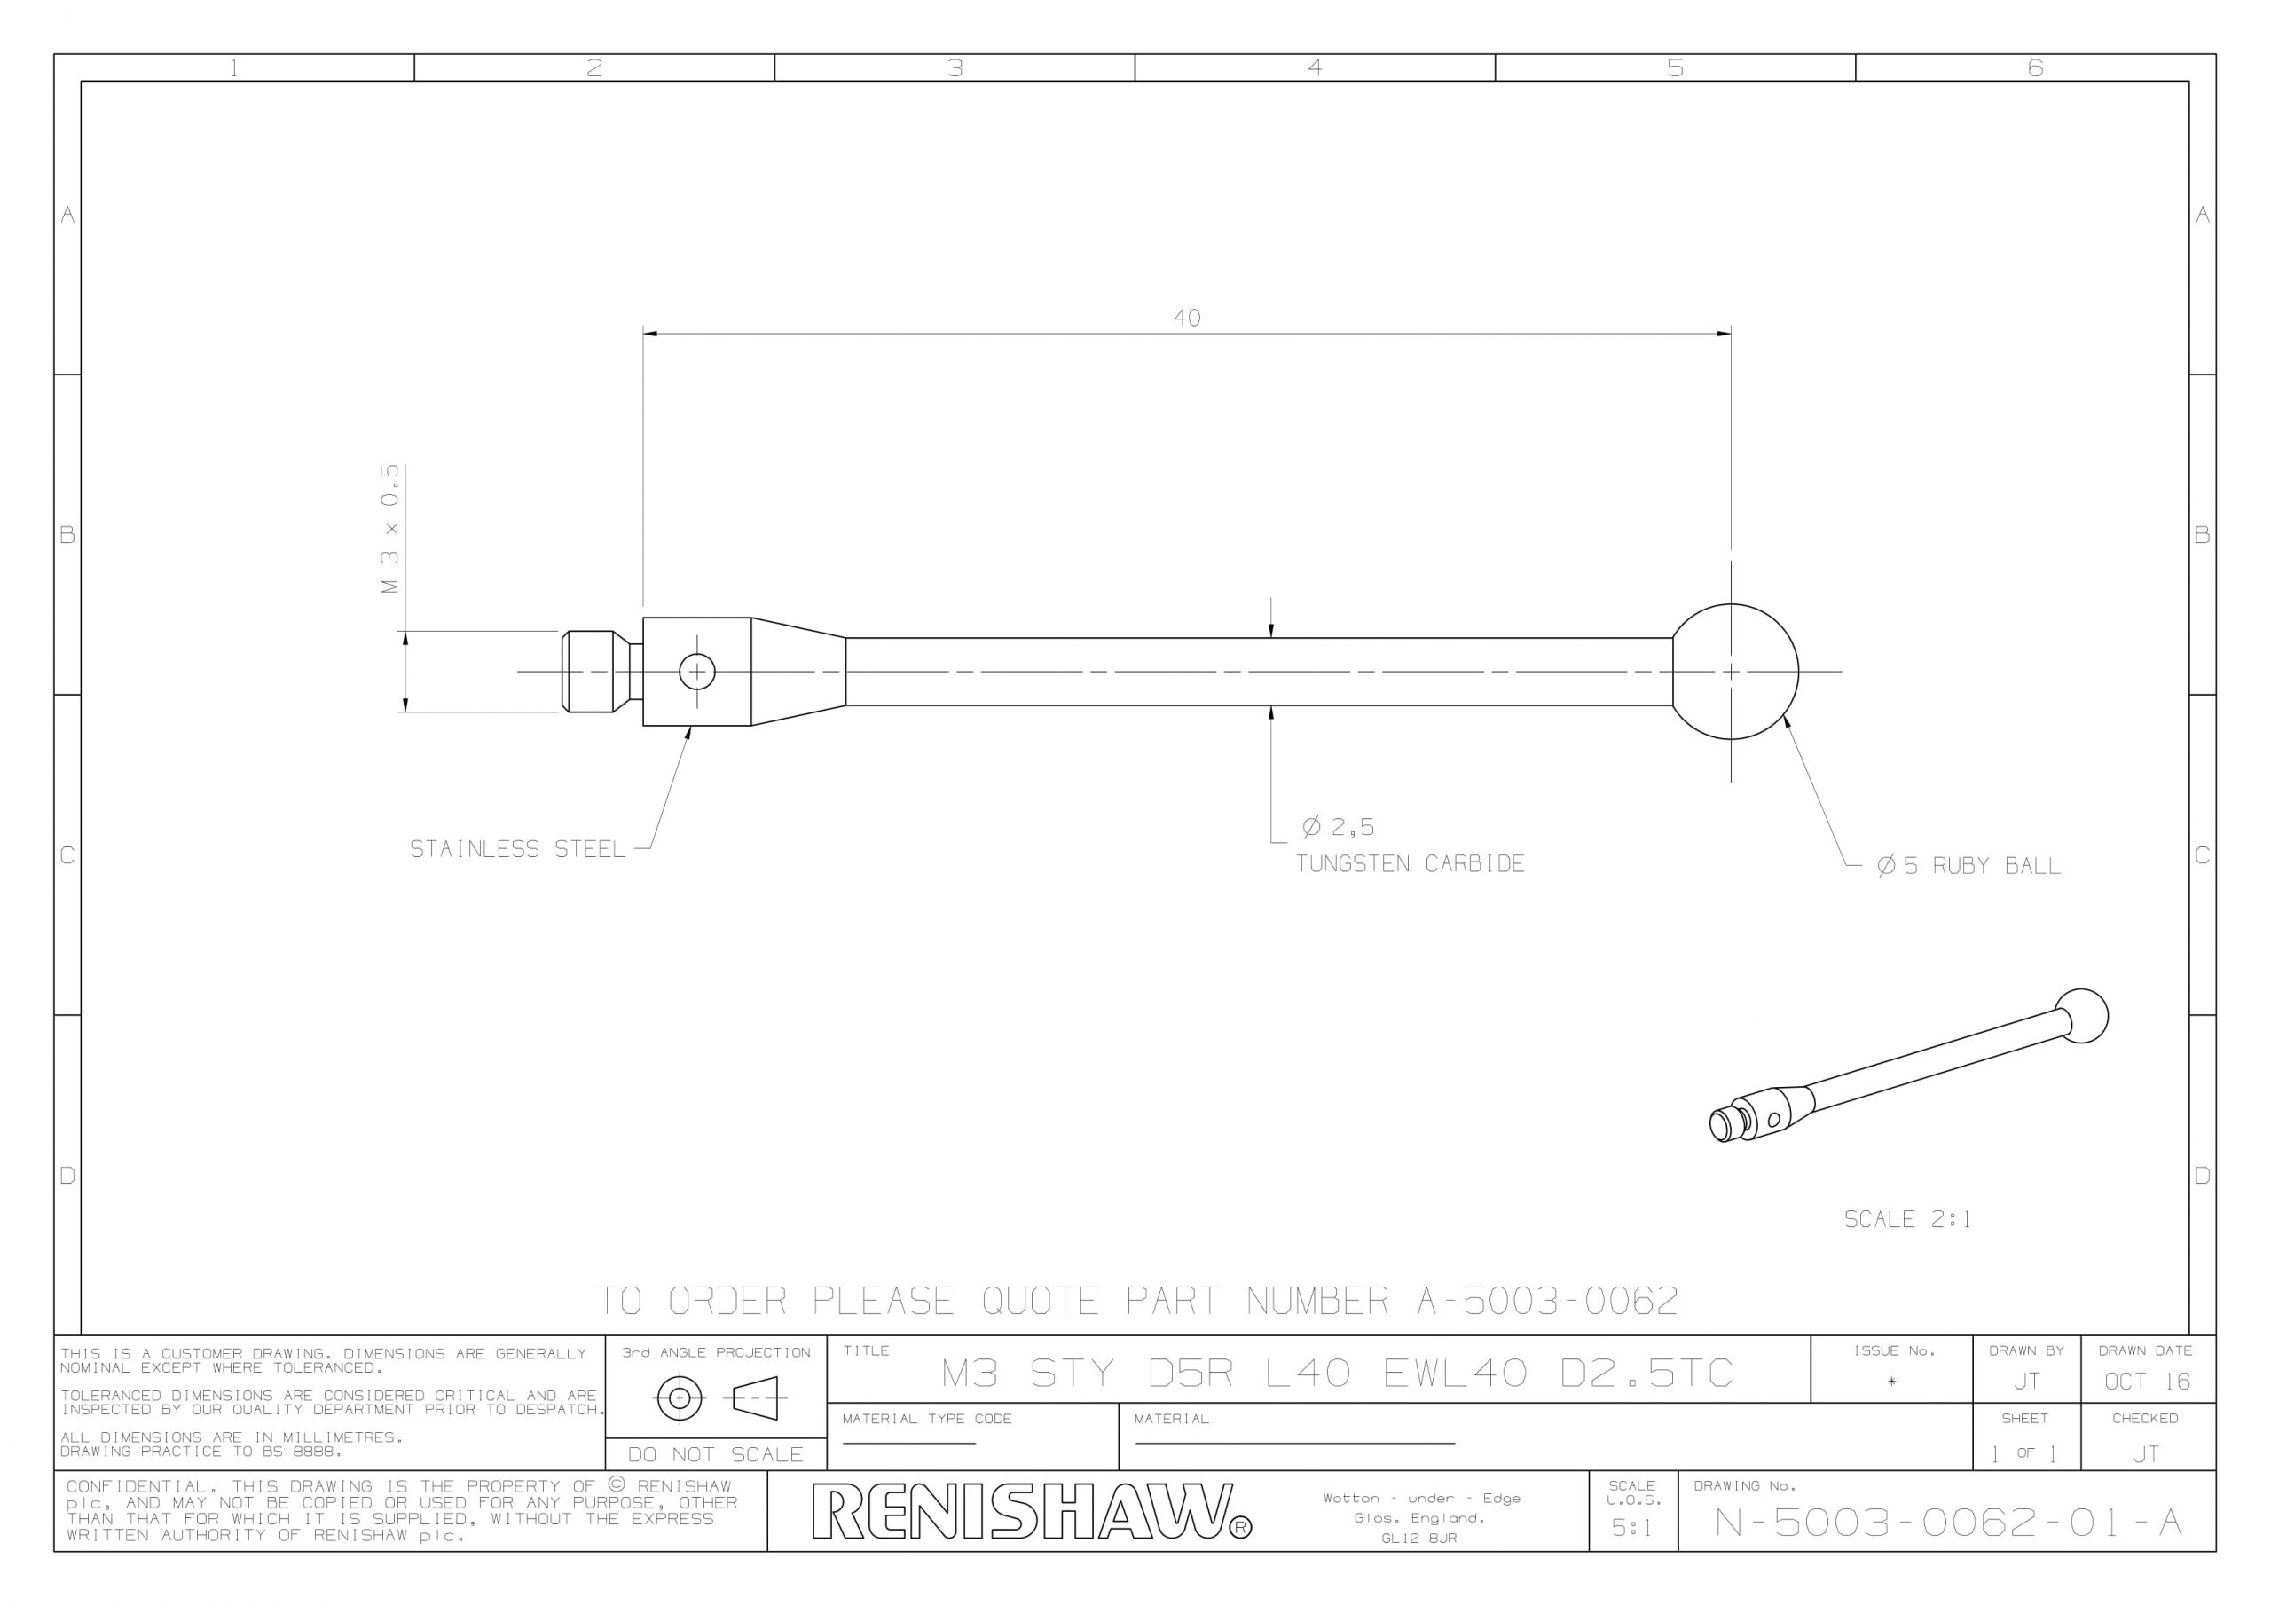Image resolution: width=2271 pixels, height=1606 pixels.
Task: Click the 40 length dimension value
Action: [1187, 318]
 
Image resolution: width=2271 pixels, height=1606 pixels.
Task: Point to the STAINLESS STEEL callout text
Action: [517, 849]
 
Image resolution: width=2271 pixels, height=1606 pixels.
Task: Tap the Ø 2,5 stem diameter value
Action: [1339, 826]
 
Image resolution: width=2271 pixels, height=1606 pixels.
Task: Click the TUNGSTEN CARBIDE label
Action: [1411, 864]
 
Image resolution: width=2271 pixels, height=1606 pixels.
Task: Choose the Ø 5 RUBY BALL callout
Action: [1968, 866]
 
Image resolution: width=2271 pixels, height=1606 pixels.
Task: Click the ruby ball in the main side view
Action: [1733, 672]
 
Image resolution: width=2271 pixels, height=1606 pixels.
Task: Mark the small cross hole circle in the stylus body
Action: [697, 672]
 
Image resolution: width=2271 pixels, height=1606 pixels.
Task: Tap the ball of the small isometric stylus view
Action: [2081, 1016]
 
